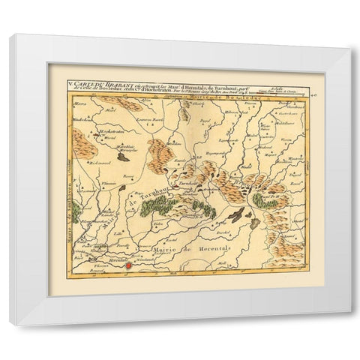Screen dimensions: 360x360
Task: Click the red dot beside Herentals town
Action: [x=128, y=265]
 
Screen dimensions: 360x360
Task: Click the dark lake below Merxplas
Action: [x=122, y=158]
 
